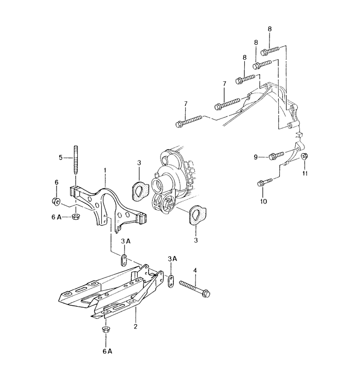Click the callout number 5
(x=61, y=157)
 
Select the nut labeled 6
(x=56, y=201)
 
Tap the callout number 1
(x=105, y=170)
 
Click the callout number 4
(x=195, y=271)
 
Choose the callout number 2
(x=135, y=326)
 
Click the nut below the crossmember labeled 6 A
(x=106, y=330)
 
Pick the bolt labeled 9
(x=277, y=155)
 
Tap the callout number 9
(x=256, y=157)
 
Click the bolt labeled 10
(x=265, y=182)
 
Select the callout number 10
(x=263, y=201)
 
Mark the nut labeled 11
(x=304, y=156)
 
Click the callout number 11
(x=304, y=173)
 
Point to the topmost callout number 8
(x=269, y=29)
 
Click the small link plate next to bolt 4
(x=171, y=281)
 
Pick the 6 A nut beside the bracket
(x=75, y=217)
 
